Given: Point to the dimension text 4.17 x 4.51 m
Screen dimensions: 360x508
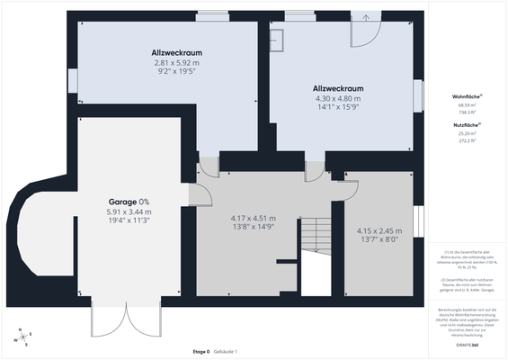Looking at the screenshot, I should [x=253, y=218].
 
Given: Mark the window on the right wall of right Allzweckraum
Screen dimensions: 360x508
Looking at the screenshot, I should [x=417, y=95].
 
